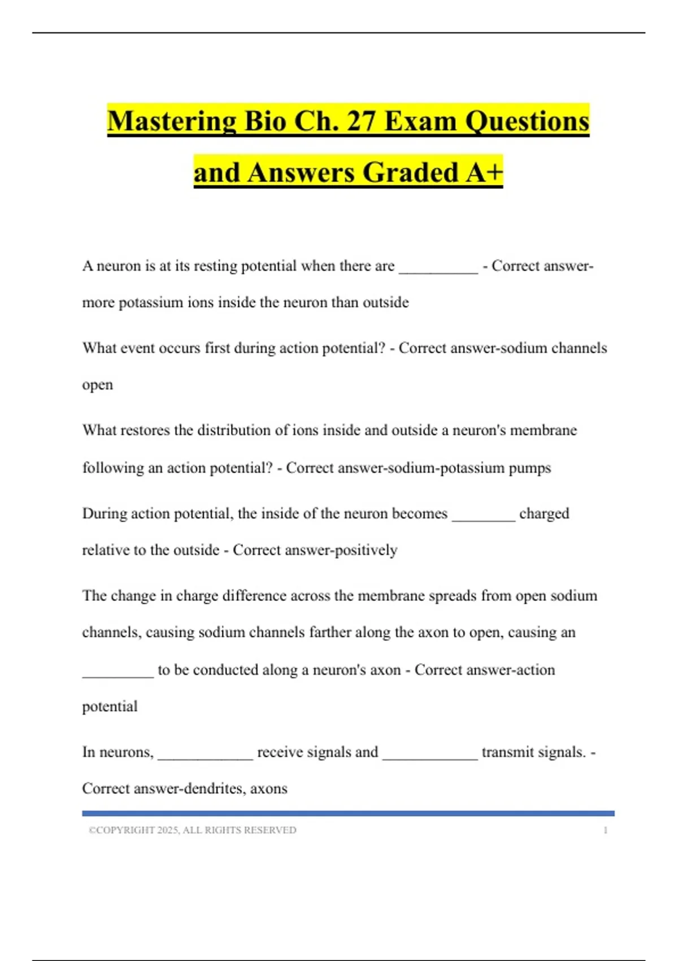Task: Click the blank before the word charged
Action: pos(484,517)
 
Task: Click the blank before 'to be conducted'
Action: pos(118,673)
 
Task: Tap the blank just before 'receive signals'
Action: pos(205,756)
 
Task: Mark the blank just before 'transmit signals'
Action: pos(430,756)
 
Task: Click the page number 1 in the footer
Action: pos(605,830)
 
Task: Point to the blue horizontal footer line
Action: pos(348,813)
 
